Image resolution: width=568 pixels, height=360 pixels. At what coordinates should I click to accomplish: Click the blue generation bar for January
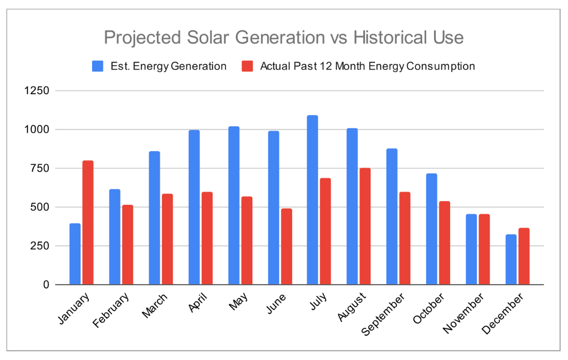point(75,254)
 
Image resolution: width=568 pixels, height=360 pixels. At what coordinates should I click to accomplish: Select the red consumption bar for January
point(88,222)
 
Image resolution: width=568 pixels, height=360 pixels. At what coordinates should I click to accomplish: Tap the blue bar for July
point(312,200)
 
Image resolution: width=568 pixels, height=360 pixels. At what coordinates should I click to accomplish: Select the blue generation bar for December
point(511,260)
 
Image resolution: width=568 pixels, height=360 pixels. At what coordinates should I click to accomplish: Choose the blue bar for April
point(194,207)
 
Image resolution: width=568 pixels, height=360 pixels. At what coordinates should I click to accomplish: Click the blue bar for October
point(431,229)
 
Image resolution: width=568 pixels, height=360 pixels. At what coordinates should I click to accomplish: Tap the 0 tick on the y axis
point(46,285)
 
